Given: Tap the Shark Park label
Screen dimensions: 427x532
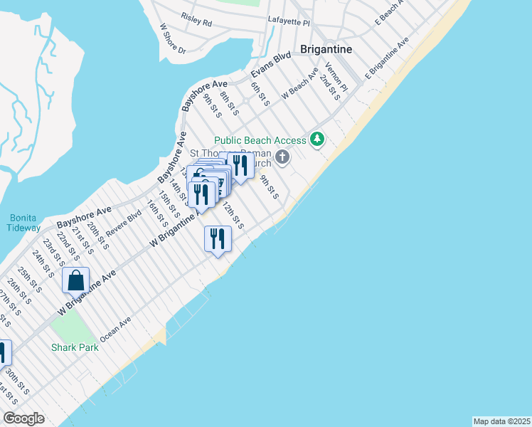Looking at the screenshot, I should coord(73,347).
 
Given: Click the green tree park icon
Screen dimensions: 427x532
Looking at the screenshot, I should coord(317,139).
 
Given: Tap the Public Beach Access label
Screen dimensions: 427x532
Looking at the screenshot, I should coord(260,140).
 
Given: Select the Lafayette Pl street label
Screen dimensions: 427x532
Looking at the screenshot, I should coord(289,23).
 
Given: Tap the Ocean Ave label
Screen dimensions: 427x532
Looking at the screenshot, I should coord(116,329).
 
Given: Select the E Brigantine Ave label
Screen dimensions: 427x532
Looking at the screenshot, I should coord(387,58).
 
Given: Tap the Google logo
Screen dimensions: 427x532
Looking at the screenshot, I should coord(23,418).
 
